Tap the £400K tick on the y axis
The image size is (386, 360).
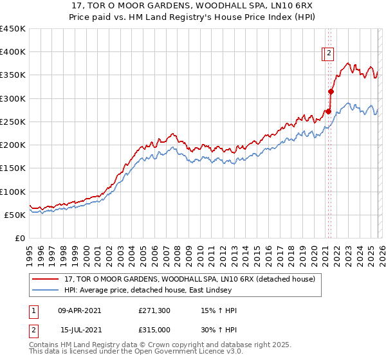[x=13, y=52]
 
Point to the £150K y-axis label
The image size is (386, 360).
[x=13, y=168]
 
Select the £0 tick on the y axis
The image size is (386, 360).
[x=21, y=239]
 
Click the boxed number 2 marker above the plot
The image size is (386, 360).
[x=329, y=54]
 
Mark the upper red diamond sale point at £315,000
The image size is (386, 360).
[x=331, y=92]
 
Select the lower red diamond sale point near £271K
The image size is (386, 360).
[x=328, y=112]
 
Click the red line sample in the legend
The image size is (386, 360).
[x=46, y=280]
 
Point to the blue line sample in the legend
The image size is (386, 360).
[x=46, y=291]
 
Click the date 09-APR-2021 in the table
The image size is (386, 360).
[x=79, y=310]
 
